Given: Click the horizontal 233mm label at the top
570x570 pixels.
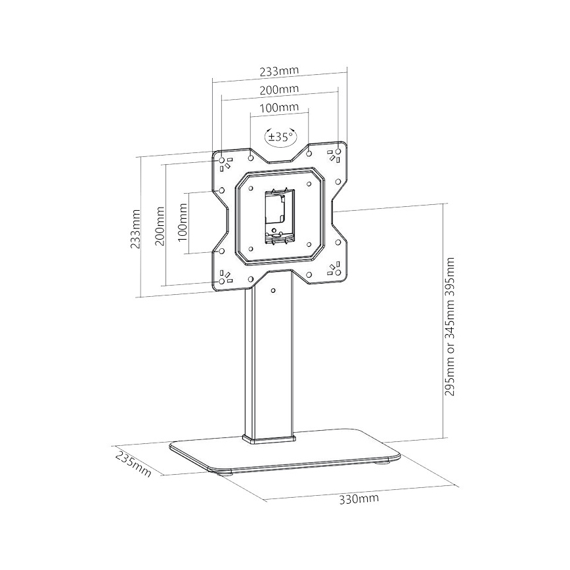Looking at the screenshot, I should pos(279,70).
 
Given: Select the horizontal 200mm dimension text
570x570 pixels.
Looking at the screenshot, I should pos(280,89).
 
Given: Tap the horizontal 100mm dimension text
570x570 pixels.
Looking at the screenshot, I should pos(279,107).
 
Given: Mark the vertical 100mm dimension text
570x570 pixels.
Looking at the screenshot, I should pos(183,220).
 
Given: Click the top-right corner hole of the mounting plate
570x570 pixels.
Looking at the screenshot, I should pos(337,153).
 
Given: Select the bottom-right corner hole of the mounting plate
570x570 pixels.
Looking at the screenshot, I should pos(337,269).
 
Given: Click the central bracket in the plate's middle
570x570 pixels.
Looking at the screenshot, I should pos(278,214).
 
